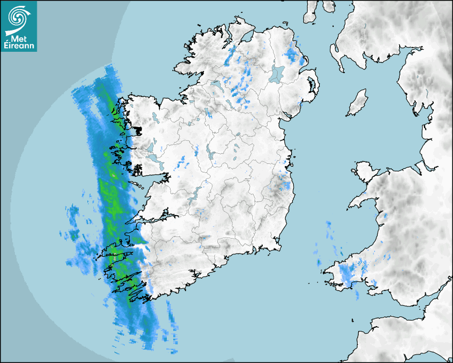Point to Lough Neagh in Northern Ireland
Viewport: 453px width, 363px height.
coord(277,74)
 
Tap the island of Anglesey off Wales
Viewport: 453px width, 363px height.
coord(364,170)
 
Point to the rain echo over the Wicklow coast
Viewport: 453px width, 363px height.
coord(285,185)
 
